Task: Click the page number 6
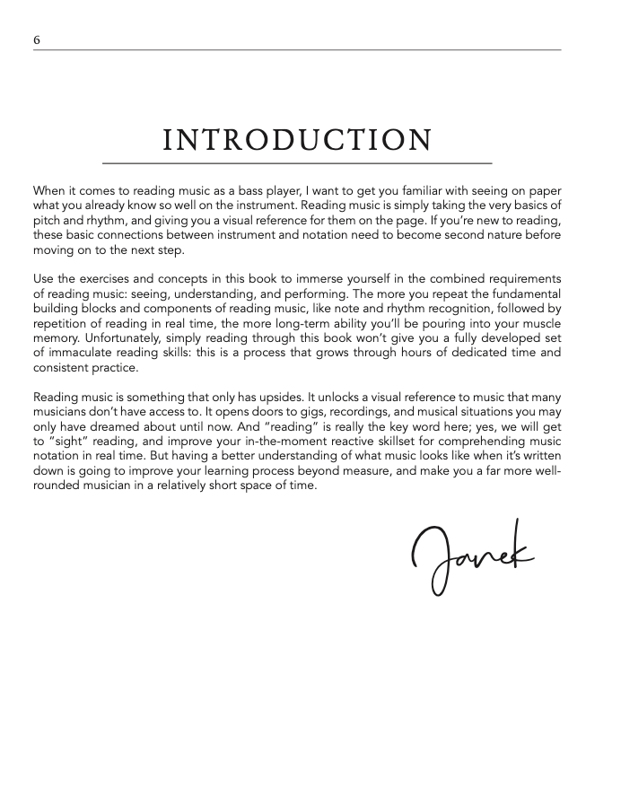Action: point(36,39)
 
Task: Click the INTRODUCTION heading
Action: point(297,141)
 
